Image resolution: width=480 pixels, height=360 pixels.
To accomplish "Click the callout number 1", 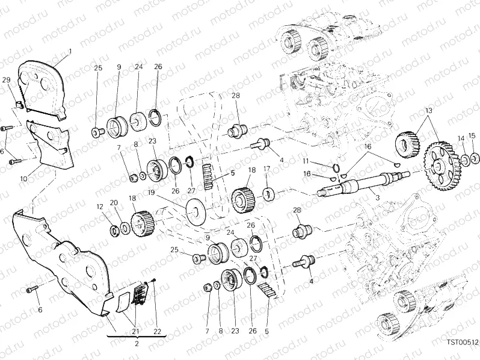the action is [x=70, y=52].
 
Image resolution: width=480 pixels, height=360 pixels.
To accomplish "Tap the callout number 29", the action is [x=7, y=80].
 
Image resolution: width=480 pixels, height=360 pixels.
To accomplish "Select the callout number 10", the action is [x=23, y=178].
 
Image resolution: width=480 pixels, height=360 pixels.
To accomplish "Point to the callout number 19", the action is [x=150, y=193].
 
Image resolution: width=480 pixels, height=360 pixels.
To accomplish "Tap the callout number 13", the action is [x=428, y=111].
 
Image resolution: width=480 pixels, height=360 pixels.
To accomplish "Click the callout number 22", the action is [x=157, y=332].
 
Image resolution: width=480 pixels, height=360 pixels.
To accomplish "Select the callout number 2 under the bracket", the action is [x=137, y=344].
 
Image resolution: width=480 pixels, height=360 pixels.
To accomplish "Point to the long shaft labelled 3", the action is [x=364, y=184].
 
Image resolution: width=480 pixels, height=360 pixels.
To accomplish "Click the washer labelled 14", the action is [x=464, y=160].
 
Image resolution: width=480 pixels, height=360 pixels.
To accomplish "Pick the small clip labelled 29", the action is [x=20, y=104].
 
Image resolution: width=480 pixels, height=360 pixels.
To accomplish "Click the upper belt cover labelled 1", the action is [x=42, y=90].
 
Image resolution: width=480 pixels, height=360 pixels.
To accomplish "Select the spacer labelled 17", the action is [x=269, y=194].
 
